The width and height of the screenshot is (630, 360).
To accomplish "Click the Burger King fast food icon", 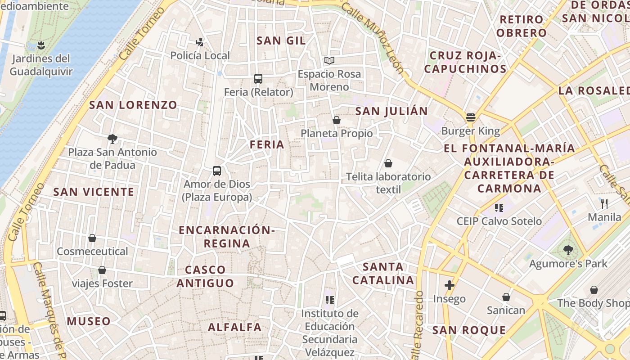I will click(x=471, y=117).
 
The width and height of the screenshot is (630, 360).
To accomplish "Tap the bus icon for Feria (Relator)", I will click(x=258, y=79).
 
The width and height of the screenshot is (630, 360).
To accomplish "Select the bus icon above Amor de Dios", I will click(x=217, y=171).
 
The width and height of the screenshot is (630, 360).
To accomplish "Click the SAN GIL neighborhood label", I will click(x=281, y=40).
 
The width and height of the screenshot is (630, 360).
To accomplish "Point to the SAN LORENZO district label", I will click(x=133, y=105).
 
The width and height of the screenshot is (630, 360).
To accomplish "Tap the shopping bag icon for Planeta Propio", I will click(x=336, y=120).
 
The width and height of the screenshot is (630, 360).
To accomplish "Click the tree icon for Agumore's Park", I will click(x=568, y=250).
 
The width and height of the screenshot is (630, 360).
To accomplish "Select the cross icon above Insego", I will click(x=449, y=285).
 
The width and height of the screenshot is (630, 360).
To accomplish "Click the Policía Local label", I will click(x=200, y=56).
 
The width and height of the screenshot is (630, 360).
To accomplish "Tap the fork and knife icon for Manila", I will click(x=604, y=204).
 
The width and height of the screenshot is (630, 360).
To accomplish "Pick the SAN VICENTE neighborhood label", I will click(x=94, y=192).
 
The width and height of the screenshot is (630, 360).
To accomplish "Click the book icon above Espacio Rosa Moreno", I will click(x=329, y=60).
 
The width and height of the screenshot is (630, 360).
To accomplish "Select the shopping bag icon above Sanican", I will click(x=506, y=297).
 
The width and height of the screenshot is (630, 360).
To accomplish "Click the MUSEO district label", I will click(x=89, y=321).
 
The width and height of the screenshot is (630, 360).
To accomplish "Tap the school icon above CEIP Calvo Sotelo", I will click(x=499, y=207).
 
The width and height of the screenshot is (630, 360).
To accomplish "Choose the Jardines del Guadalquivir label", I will click(x=41, y=65).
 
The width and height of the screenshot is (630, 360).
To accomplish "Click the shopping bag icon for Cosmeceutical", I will click(x=92, y=238).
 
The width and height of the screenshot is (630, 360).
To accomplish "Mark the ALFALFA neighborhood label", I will click(x=234, y=328).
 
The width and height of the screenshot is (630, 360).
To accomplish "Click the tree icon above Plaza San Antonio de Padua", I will click(x=112, y=139).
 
